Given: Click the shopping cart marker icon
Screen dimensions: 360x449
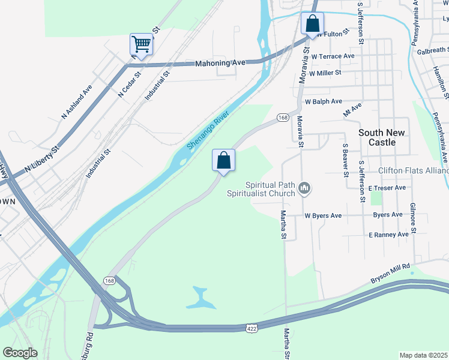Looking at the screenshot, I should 141,44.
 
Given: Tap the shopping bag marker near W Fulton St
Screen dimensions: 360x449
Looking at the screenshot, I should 312,25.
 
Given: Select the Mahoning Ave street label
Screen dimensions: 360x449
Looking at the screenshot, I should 220,62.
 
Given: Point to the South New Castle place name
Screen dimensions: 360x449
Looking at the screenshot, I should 381,137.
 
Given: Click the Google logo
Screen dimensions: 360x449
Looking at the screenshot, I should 20,352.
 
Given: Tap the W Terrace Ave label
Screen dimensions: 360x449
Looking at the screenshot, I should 333,56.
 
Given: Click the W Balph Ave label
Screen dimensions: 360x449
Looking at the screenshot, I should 323,101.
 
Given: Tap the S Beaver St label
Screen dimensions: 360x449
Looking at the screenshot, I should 346,160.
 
